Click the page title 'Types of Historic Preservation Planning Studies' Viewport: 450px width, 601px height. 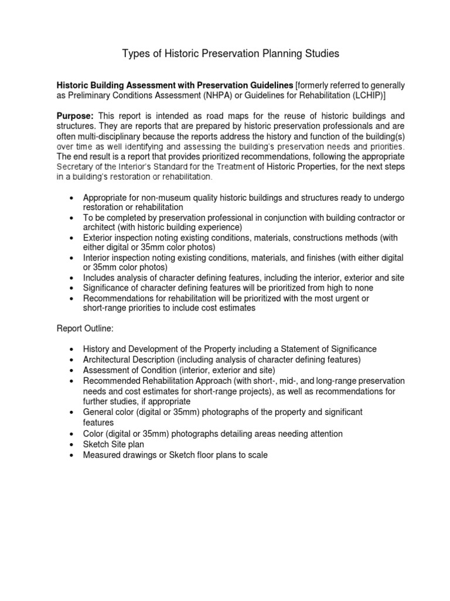tap(230, 54)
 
